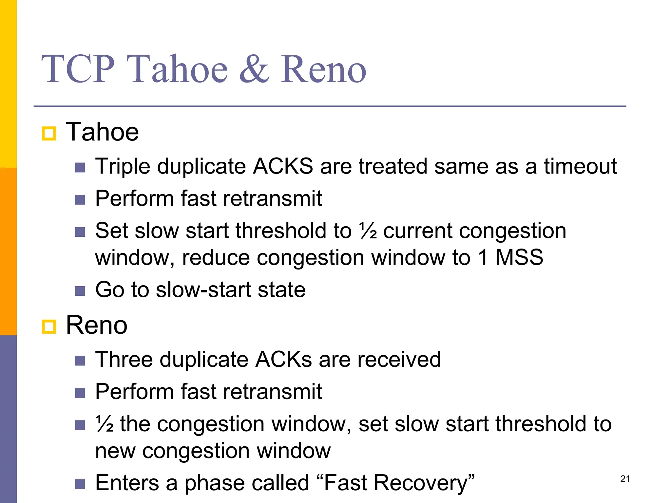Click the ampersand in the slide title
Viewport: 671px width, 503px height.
254,69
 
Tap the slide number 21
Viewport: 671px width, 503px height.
625,479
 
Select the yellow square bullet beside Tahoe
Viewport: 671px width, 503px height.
49,134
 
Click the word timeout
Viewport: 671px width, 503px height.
580,166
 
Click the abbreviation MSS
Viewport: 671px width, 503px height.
519,257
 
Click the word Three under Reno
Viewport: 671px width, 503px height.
124,360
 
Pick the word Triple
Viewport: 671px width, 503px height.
123,166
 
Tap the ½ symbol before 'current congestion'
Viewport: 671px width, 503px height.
368,231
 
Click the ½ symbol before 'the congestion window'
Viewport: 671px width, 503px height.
104,424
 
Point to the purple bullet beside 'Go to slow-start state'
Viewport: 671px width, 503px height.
80,291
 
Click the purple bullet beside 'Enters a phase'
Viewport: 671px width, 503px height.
80,484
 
